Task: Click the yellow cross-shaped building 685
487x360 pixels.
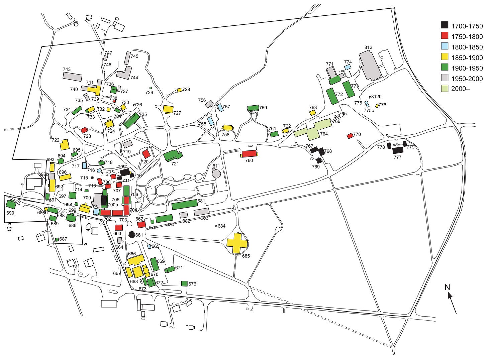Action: click(237, 243)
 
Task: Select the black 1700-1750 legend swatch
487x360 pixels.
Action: click(445, 25)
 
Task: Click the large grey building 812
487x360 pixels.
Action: click(369, 65)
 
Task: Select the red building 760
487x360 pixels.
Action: click(250, 154)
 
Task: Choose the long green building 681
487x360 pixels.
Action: click(184, 204)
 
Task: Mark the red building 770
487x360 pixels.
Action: click(350, 136)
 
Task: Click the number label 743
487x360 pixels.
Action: click(67, 69)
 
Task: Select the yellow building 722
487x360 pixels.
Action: click(64, 145)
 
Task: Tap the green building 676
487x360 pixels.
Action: click(184, 283)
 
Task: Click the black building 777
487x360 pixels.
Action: click(398, 150)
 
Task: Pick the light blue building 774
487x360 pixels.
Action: click(348, 67)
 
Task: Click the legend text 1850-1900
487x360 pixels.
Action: click(467, 58)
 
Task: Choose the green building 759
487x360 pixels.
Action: click(253, 108)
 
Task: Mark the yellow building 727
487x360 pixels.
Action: click(168, 109)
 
